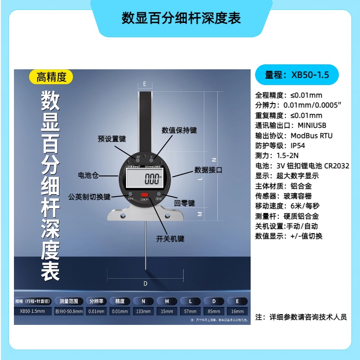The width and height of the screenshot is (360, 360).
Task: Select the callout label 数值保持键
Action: pos(179,130)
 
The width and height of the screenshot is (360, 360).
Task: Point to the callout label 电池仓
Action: pos(88,175)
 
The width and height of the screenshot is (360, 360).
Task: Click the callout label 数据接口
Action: pos(208,170)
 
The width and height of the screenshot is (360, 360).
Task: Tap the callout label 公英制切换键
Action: pos(89,197)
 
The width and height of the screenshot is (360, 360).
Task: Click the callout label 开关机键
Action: pos(171,238)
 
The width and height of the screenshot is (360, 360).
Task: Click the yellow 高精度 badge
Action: pos(51,77)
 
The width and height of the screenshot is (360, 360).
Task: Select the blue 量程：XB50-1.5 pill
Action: pos(297,75)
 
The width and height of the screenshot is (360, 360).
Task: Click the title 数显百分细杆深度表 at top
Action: pos(181,18)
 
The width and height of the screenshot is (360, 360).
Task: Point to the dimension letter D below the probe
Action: pos(145,283)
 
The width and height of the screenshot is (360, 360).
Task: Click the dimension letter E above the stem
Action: pos(144,84)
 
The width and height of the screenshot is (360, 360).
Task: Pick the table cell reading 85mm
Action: pos(214,311)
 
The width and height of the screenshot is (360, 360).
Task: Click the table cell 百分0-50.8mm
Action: pos(69,311)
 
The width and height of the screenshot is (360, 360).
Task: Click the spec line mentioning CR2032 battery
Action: pos(302,166)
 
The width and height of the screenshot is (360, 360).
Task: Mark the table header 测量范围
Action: pos(69,301)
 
